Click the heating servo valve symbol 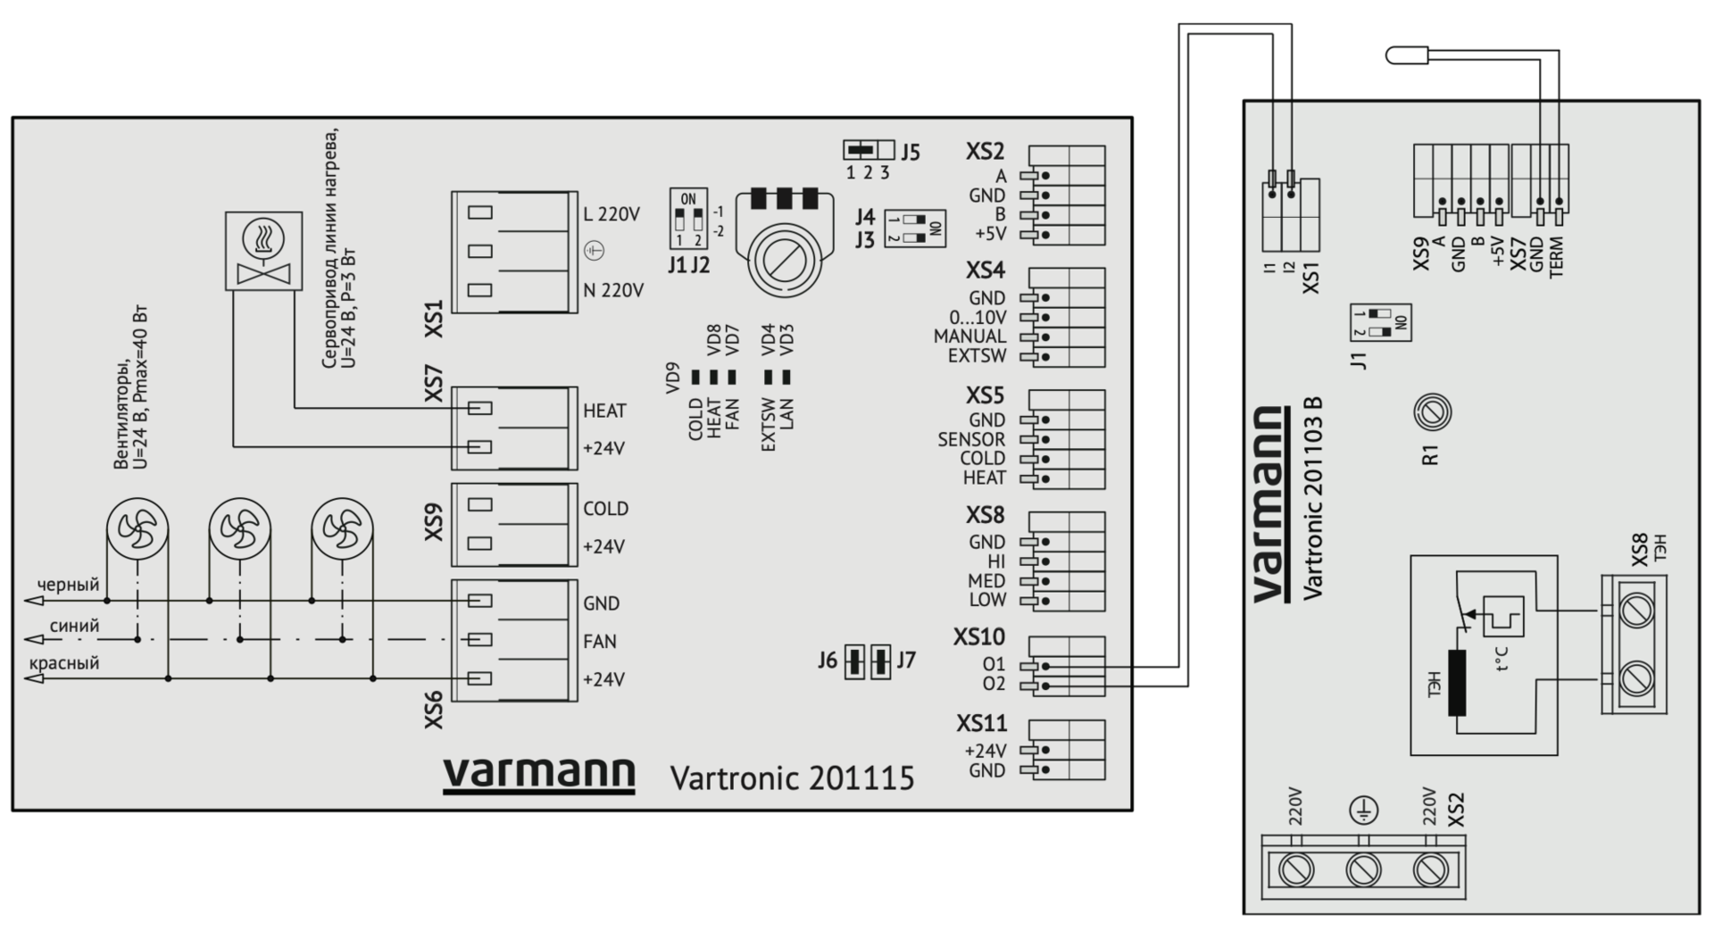(x=263, y=251)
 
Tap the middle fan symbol (x=239, y=529)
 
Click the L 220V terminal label (x=612, y=214)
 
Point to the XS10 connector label (x=978, y=637)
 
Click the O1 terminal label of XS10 (x=994, y=665)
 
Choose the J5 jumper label (x=910, y=152)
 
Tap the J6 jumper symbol (x=854, y=661)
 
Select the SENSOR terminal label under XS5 (x=971, y=439)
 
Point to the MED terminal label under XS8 (x=986, y=581)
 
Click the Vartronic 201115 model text (x=792, y=778)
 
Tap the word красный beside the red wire (x=64, y=663)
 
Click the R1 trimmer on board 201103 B (x=1433, y=412)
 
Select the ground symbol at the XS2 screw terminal (x=1363, y=810)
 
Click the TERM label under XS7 (x=1558, y=257)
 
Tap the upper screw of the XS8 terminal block (x=1635, y=611)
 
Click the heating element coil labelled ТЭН (x=1457, y=683)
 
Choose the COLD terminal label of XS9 (x=605, y=509)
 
